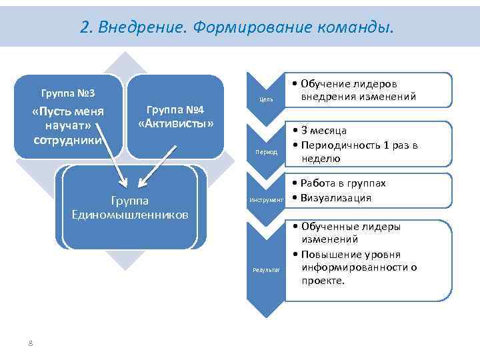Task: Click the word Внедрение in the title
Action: point(140,27)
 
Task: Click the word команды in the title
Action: point(353,27)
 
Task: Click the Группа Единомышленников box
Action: point(129,207)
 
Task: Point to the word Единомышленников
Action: point(129,215)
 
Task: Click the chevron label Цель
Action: point(265,101)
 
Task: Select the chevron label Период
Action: point(265,152)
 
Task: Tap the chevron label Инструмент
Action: point(265,199)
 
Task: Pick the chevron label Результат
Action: point(265,269)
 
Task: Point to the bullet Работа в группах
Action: point(343,183)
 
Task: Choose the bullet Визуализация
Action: point(336,197)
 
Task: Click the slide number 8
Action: point(30,343)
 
